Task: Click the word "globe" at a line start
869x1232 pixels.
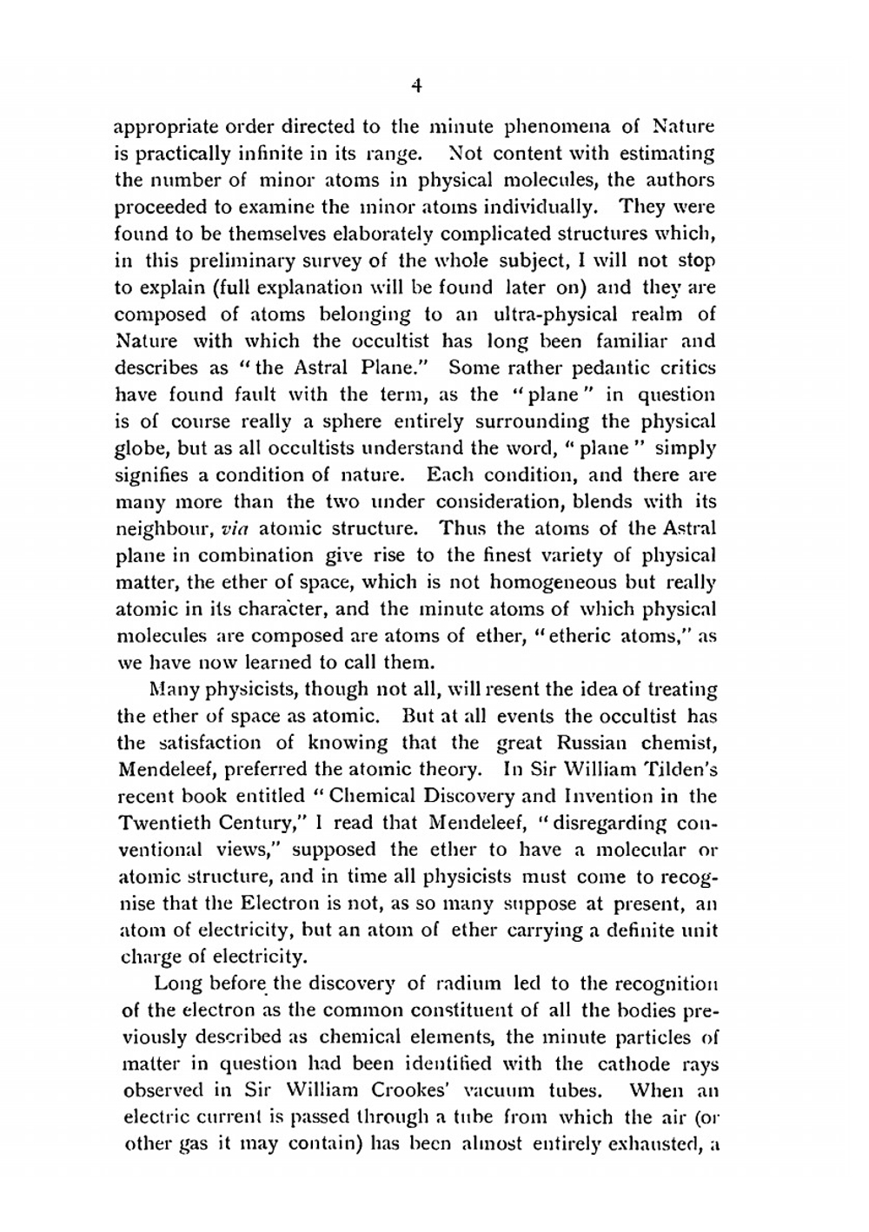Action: (137, 448)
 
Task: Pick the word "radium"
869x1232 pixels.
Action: (469, 984)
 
